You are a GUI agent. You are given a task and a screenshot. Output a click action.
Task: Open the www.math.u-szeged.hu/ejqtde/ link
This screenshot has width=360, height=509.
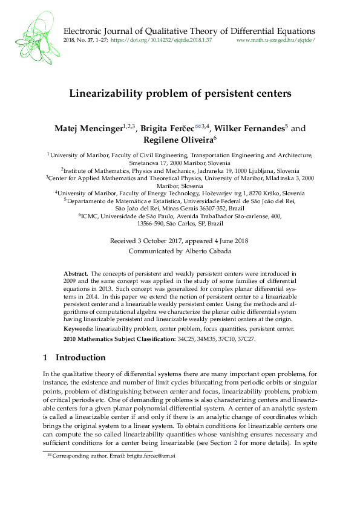click(x=275, y=41)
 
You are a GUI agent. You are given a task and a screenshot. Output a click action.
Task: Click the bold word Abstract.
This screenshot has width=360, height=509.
click(x=76, y=273)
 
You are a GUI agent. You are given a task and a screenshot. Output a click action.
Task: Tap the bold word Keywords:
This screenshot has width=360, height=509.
click(x=79, y=328)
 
